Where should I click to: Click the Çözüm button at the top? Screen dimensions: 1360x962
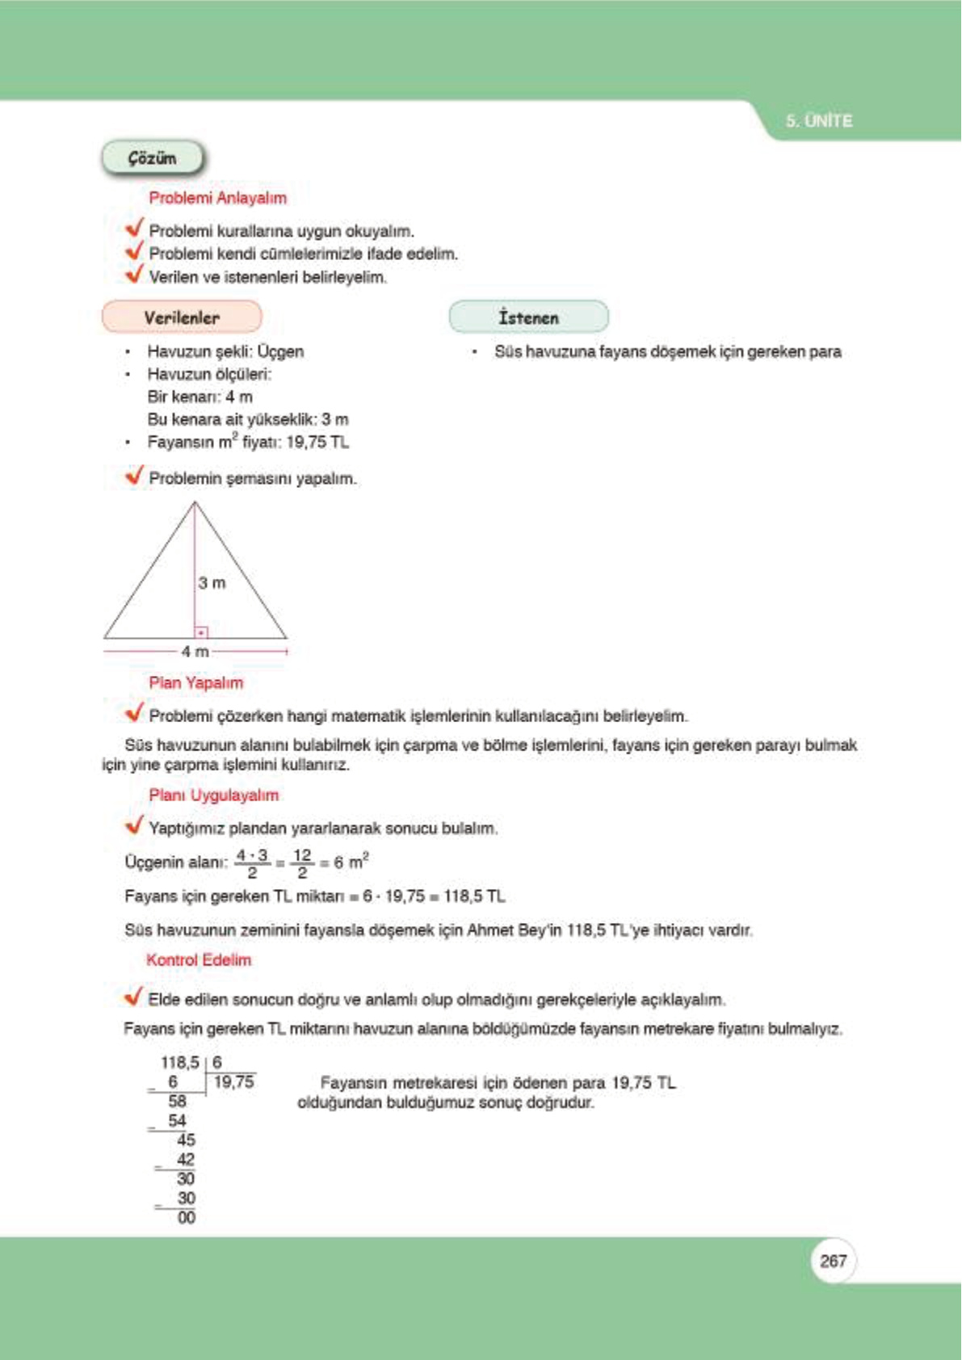coord(152,158)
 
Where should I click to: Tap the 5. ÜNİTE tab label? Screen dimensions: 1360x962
coord(818,121)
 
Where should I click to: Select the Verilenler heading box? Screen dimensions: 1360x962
coord(182,317)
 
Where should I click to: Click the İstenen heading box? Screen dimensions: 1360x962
coord(528,317)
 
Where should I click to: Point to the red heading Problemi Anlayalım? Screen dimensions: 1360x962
coord(217,198)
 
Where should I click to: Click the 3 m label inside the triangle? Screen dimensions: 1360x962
coord(212,582)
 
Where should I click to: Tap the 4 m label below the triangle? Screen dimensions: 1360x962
coord(195,651)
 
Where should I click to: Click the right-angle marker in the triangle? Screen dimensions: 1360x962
coord(201,632)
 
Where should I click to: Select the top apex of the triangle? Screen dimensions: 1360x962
coord(195,503)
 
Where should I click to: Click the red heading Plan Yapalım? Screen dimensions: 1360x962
coord(195,682)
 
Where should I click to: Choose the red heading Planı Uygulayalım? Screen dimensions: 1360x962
coord(213,795)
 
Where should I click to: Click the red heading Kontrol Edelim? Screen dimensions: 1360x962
coord(199,959)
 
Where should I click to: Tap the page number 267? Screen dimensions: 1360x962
coord(832,1261)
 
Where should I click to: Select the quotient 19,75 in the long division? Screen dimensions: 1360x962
coord(233,1082)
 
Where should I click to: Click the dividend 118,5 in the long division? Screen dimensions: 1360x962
coord(179,1063)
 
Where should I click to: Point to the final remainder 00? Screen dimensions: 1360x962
coord(186,1217)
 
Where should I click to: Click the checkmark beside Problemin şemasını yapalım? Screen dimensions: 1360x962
coord(134,476)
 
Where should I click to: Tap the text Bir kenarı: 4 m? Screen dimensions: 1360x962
coord(200,397)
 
